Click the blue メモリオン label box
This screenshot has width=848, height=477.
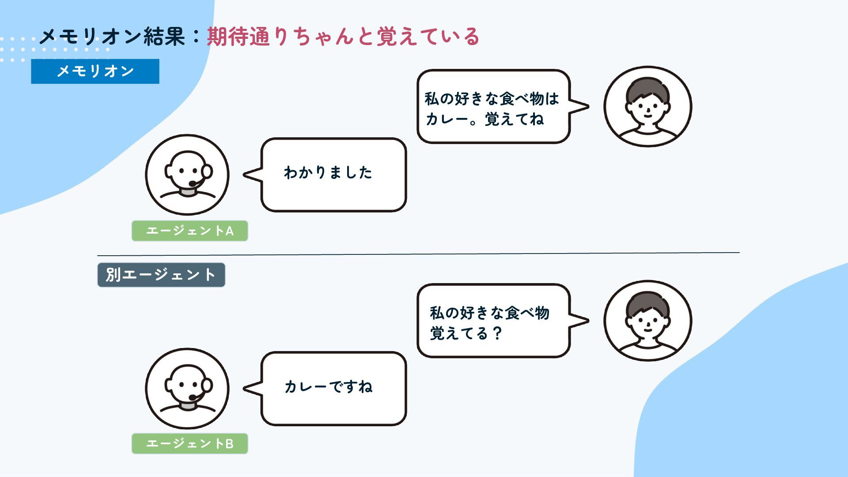(x=95, y=71)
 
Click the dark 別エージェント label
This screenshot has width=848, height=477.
(x=161, y=275)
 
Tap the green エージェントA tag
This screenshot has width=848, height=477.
(x=189, y=231)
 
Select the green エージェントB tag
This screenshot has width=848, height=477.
(x=189, y=443)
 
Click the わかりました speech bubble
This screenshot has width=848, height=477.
(x=333, y=174)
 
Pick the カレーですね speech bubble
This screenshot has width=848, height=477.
(x=333, y=388)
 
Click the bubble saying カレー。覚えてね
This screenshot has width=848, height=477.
(x=493, y=106)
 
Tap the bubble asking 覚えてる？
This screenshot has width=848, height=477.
(x=493, y=321)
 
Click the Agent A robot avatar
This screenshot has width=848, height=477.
(x=187, y=175)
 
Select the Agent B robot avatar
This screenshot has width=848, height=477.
(x=187, y=389)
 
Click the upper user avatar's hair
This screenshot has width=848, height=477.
(x=647, y=88)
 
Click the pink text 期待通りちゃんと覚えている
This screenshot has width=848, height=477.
(x=343, y=37)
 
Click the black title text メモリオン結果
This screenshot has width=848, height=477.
(x=112, y=37)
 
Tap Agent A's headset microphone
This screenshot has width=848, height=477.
(x=193, y=184)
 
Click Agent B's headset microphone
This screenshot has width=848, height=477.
(x=193, y=397)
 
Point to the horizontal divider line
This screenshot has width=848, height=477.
(x=418, y=254)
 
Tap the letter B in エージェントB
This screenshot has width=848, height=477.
(x=229, y=444)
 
